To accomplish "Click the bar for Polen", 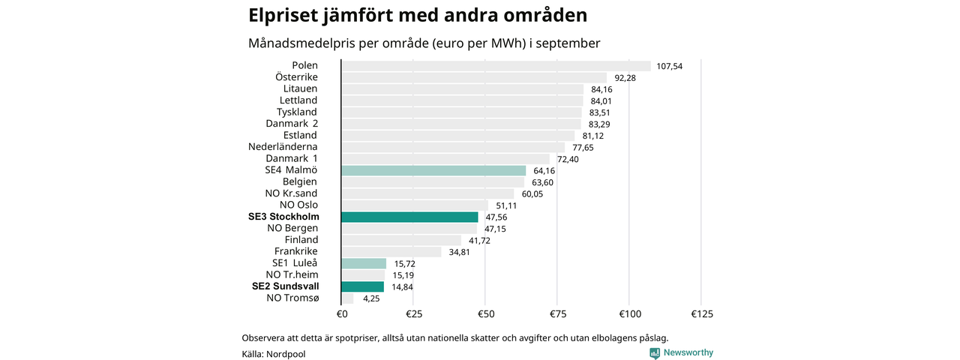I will [x=496, y=66].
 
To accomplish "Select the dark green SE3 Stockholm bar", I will [x=409, y=217].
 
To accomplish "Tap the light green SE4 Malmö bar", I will [x=433, y=170].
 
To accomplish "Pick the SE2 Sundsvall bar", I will [x=362, y=286].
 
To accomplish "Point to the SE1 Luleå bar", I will [x=364, y=263].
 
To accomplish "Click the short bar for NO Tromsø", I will [x=347, y=298].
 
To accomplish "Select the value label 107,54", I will [x=669, y=66].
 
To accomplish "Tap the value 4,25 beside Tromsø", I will [x=370, y=298].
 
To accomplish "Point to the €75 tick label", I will [x=557, y=313].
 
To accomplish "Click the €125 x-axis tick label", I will [x=700, y=313].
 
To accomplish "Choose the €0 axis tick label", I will [x=341, y=313].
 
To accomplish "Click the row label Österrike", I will [x=296, y=77].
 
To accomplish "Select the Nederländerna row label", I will [x=283, y=147].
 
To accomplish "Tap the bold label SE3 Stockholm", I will [x=283, y=217].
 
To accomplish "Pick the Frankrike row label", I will [x=296, y=251].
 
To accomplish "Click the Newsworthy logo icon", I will [x=655, y=352].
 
